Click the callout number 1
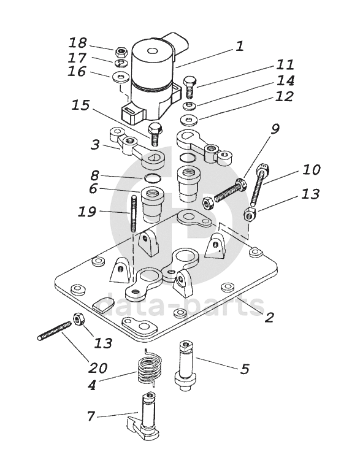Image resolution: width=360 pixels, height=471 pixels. click(240, 46)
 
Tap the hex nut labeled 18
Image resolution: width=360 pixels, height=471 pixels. click(122, 53)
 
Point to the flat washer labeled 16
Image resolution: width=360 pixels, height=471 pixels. click(121, 77)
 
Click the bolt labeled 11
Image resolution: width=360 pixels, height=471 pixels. click(190, 86)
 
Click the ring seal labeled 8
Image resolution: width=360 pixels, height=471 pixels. click(152, 177)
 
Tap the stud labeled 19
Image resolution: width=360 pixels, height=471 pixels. click(134, 213)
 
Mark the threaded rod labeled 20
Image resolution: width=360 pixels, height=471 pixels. click(55, 331)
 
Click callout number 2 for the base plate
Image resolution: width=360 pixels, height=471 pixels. click(269, 316)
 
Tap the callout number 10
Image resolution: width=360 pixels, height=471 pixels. click(312, 170)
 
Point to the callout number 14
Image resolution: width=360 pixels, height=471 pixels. click(285, 80)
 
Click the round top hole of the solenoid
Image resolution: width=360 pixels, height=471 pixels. click(152, 51)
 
